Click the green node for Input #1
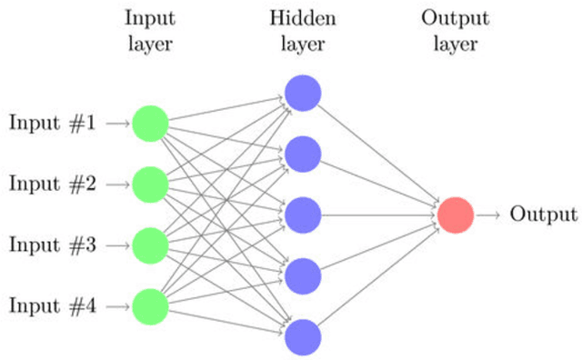click(x=150, y=123)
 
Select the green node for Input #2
click(x=150, y=184)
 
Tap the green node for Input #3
click(x=150, y=245)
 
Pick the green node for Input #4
click(x=150, y=306)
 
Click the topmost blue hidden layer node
click(x=302, y=92)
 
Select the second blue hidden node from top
click(x=302, y=153)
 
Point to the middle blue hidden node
click(x=302, y=215)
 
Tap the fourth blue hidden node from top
click(x=302, y=275)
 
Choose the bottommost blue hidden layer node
click(x=302, y=336)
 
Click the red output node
click(x=455, y=215)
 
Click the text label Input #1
click(x=52, y=123)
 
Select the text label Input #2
click(x=52, y=184)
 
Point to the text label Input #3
click(x=52, y=245)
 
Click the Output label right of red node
click(x=543, y=215)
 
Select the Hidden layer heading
click(x=302, y=30)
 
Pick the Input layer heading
click(x=150, y=30)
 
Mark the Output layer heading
click(x=455, y=30)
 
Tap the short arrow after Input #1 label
click(x=117, y=123)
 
